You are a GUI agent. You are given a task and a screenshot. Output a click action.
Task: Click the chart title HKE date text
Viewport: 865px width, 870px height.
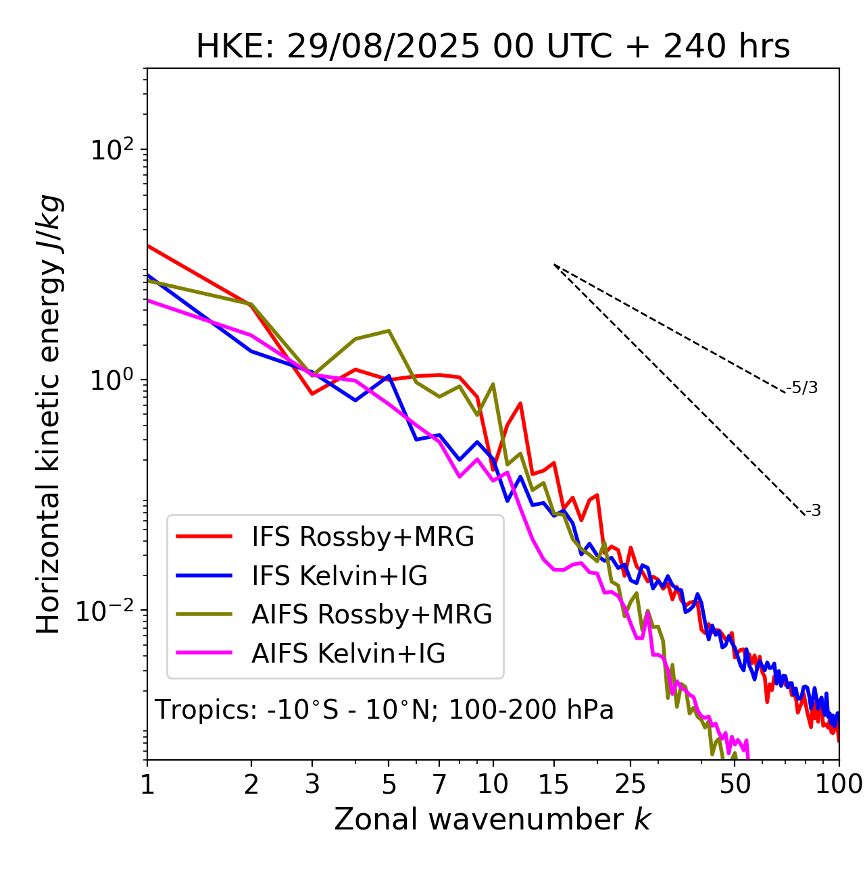493,47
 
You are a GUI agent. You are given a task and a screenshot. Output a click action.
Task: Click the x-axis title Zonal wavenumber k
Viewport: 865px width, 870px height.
492,819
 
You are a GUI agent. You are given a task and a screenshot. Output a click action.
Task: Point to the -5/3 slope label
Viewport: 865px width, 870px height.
802,388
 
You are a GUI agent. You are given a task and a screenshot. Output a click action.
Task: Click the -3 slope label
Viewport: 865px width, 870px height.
813,511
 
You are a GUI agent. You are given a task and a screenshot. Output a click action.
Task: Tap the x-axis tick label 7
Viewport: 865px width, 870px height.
439,784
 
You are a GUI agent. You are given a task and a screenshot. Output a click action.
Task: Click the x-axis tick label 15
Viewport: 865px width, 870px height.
553,784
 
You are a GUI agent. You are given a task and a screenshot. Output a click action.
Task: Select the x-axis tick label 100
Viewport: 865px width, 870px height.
839,784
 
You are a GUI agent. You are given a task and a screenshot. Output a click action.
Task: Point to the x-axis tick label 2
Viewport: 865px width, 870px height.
251,784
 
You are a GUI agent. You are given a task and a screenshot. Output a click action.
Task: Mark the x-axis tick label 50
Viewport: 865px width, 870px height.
735,784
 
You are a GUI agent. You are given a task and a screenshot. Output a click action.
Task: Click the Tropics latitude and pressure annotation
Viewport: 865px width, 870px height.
384,710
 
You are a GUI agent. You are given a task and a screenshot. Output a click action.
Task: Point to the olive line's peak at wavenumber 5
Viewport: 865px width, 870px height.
389,330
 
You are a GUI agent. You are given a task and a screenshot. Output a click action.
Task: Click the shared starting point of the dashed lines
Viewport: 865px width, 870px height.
554,265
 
